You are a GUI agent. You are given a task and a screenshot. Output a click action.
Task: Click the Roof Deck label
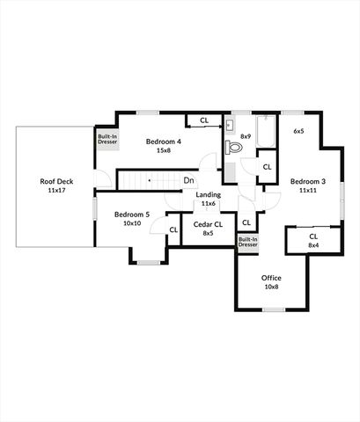click(55, 181)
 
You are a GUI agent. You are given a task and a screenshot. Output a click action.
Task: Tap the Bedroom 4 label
click(164, 142)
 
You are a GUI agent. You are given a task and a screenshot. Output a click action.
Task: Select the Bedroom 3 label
click(308, 181)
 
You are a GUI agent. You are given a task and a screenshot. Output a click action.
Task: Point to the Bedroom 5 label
click(132, 215)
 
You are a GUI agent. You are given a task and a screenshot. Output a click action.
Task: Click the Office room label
click(271, 278)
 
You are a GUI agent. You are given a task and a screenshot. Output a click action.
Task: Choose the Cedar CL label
click(208, 224)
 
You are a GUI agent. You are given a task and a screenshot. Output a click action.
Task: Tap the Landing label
click(209, 194)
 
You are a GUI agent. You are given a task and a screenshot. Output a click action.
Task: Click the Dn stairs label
click(189, 181)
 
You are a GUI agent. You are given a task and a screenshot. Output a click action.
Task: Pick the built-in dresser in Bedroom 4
click(107, 139)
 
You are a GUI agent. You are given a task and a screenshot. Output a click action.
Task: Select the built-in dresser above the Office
click(248, 242)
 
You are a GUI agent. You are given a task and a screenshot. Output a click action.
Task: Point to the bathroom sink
click(229, 126)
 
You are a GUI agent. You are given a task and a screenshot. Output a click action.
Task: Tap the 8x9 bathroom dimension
click(246, 136)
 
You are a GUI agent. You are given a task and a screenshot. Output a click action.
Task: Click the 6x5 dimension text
click(298, 131)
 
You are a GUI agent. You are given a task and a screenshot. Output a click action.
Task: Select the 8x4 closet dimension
click(313, 245)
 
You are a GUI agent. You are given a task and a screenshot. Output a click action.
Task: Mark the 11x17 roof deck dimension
click(55, 190)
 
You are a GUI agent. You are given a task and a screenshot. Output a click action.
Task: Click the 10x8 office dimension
click(271, 287)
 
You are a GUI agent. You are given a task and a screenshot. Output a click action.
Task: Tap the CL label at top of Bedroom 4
click(203, 120)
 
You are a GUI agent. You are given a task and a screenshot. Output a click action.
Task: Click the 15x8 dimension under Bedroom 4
click(164, 150)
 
